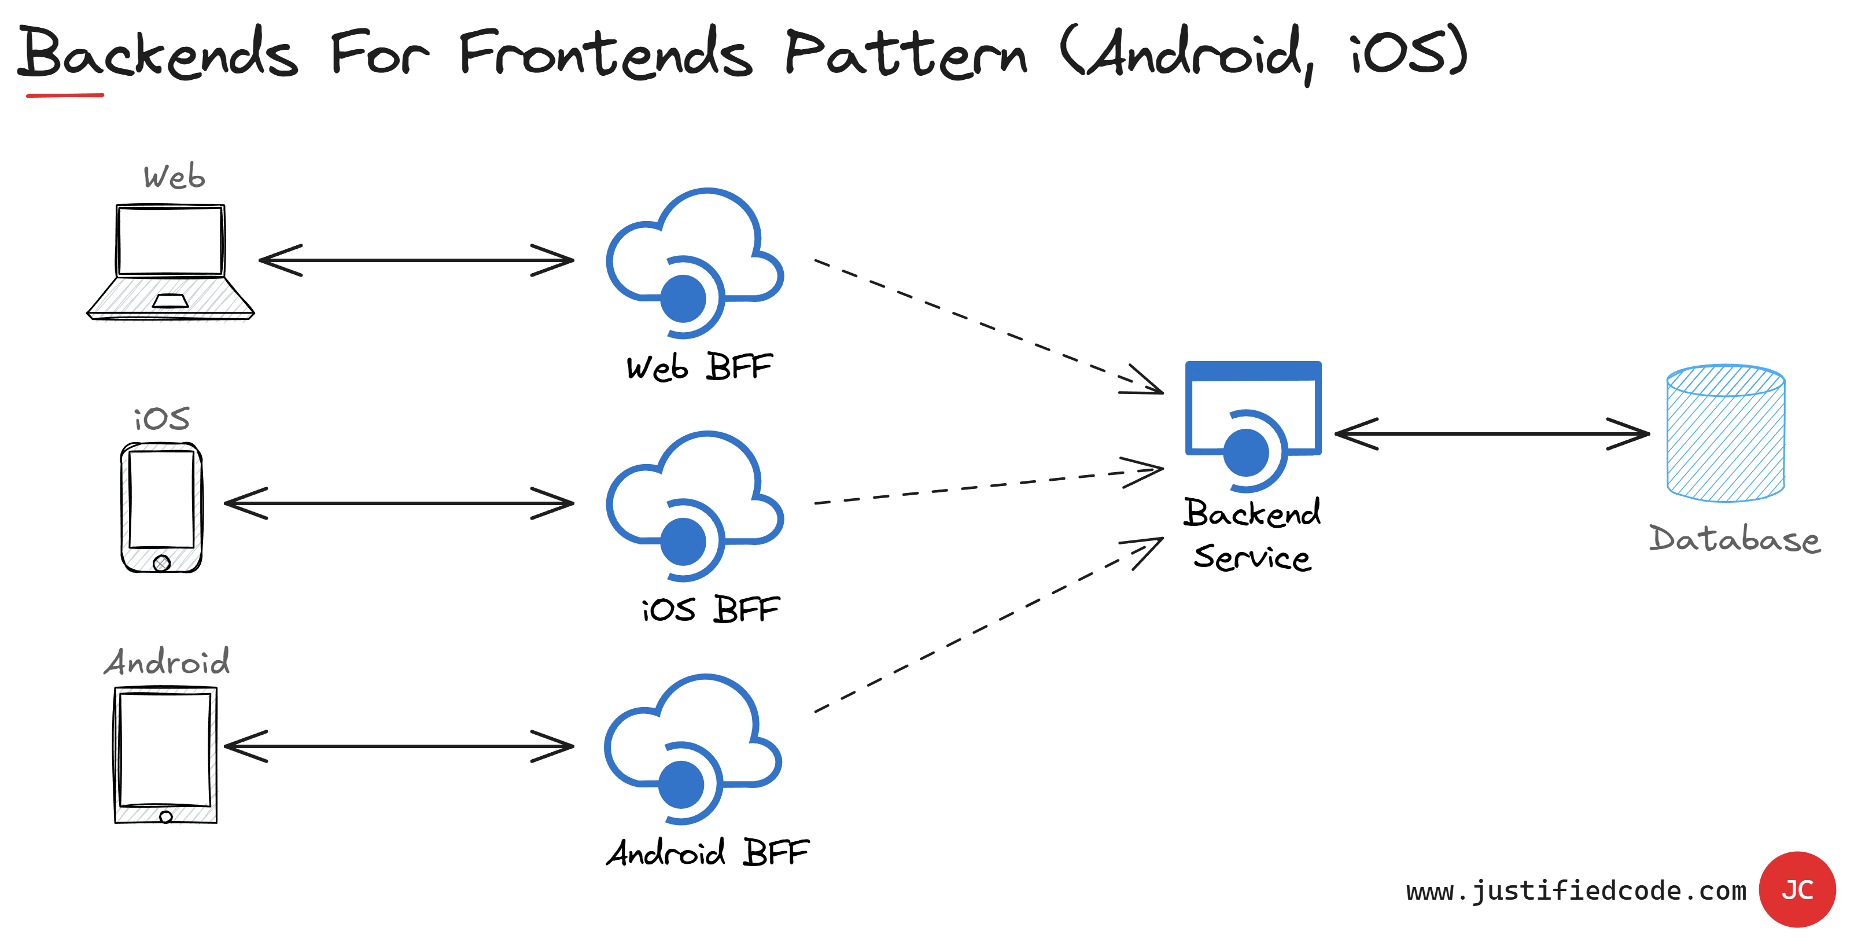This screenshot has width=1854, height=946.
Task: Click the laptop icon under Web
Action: click(x=171, y=262)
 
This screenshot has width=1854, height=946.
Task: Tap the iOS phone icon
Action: click(x=161, y=507)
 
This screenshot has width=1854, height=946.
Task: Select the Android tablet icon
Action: click(x=165, y=754)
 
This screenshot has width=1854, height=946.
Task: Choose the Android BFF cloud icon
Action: click(x=692, y=749)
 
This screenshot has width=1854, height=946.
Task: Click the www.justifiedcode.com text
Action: click(x=1576, y=891)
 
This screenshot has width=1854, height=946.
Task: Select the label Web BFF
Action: click(x=699, y=367)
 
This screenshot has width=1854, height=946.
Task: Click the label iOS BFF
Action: click(x=710, y=610)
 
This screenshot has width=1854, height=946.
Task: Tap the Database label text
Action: click(x=1734, y=539)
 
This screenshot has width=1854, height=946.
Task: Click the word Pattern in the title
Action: click(x=905, y=54)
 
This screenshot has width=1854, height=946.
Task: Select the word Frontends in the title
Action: click(x=606, y=54)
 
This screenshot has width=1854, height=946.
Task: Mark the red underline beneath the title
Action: click(x=65, y=95)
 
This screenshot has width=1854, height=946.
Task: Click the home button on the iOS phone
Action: click(x=162, y=563)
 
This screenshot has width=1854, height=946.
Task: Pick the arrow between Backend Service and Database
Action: click(x=1492, y=434)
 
